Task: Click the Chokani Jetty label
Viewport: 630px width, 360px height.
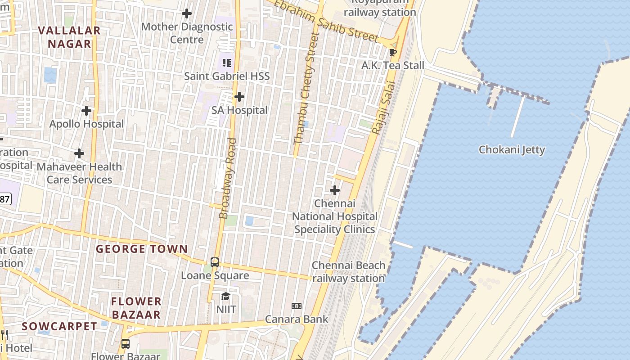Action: click(x=512, y=150)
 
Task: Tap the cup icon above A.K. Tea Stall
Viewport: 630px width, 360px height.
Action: click(x=393, y=52)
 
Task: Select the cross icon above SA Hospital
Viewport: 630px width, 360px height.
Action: click(x=239, y=97)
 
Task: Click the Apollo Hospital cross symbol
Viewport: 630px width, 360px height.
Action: click(x=86, y=111)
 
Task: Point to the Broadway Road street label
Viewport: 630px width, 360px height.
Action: click(x=228, y=179)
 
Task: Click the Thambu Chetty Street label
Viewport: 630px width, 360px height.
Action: click(x=306, y=88)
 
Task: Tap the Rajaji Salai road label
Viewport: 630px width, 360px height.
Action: click(x=383, y=108)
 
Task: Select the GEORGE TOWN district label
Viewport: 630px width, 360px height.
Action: click(x=142, y=249)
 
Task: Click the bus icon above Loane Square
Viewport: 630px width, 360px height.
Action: click(x=215, y=262)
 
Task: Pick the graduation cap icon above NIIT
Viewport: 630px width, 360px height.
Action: click(x=225, y=297)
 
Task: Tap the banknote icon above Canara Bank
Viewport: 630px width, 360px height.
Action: click(x=296, y=306)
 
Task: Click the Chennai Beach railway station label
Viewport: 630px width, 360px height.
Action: click(x=348, y=272)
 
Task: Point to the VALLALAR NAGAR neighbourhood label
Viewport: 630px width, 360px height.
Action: click(x=69, y=37)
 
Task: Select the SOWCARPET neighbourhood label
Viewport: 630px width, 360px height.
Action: click(x=59, y=326)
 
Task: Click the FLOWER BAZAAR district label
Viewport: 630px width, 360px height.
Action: click(x=136, y=308)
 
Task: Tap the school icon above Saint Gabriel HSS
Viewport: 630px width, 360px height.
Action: click(x=227, y=63)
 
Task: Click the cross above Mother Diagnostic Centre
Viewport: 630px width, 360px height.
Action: click(x=186, y=13)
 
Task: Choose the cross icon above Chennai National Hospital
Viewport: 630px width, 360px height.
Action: click(x=334, y=191)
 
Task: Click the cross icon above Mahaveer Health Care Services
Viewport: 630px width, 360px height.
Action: click(x=79, y=153)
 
